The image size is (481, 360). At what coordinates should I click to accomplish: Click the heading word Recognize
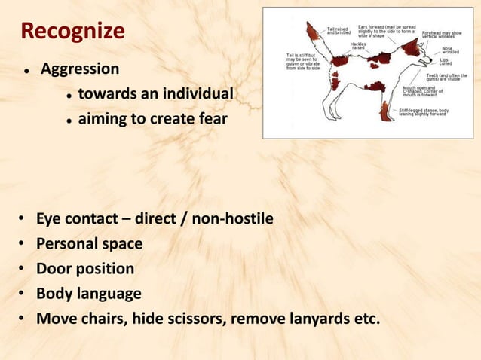72,32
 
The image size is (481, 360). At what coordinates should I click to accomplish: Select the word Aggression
79,69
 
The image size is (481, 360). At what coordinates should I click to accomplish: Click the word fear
213,118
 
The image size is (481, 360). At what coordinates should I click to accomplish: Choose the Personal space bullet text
90,244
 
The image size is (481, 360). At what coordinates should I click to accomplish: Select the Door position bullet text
86,268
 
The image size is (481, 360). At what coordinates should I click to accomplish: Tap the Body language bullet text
89,293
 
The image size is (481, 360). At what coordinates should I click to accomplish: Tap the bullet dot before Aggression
26,71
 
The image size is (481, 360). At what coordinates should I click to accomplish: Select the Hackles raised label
359,46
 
